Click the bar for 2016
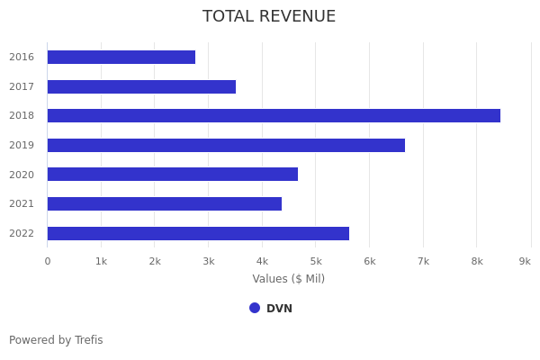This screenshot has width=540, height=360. [121, 58]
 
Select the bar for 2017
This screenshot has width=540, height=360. [141, 86]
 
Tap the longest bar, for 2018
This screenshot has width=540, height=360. [274, 116]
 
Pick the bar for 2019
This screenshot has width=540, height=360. [226, 145]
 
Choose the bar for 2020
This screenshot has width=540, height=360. [173, 175]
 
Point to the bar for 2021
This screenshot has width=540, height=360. [165, 203]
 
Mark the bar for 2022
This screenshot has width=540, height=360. [198, 233]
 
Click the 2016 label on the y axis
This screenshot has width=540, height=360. [22, 58]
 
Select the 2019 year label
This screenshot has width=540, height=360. [22, 145]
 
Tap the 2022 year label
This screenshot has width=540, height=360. [22, 233]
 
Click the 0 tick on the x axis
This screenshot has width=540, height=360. [48, 261]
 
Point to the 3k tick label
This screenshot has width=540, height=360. [209, 261]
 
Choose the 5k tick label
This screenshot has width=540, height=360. [316, 261]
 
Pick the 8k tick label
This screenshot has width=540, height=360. [477, 261]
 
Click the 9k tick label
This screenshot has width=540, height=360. [525, 261]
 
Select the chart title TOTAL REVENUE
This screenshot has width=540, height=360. [269, 17]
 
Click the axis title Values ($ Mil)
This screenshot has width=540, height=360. [289, 279]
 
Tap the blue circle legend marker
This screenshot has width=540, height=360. [255, 308]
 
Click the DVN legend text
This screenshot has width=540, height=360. [279, 309]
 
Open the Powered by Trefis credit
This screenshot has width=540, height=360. [56, 340]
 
